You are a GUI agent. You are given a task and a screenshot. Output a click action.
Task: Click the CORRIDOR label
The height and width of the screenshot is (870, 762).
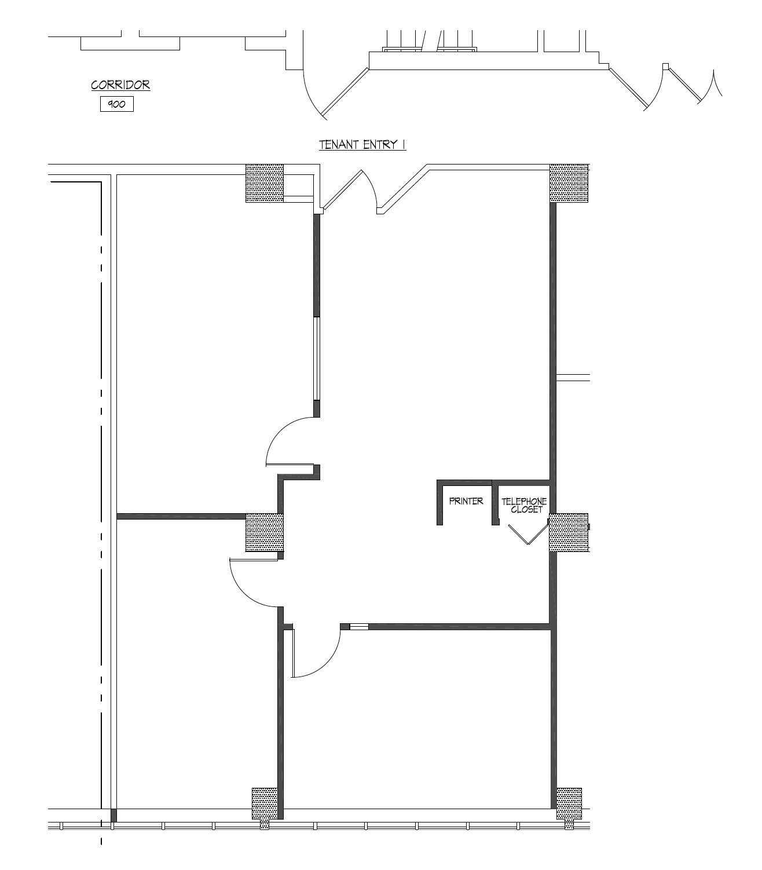click(x=120, y=85)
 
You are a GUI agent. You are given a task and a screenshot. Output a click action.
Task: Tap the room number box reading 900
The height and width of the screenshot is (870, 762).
click(x=117, y=104)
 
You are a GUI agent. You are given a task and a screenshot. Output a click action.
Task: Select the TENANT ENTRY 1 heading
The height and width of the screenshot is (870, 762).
click(x=362, y=145)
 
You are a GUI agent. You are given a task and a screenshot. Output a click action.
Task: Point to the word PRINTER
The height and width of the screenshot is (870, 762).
click(x=466, y=500)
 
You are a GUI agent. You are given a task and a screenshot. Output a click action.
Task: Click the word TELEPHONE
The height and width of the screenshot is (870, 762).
click(x=524, y=501)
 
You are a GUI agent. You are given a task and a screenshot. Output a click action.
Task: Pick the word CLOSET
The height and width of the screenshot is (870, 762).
click(x=527, y=509)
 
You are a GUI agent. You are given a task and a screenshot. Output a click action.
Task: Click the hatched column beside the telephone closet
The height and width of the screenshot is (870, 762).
click(x=569, y=532)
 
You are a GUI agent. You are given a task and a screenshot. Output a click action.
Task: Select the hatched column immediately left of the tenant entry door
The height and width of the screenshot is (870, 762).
click(x=265, y=184)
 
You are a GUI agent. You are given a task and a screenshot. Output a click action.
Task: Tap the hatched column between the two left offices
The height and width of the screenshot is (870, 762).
click(x=265, y=532)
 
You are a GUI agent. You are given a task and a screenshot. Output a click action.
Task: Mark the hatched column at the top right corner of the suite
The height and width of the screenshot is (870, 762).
click(x=569, y=184)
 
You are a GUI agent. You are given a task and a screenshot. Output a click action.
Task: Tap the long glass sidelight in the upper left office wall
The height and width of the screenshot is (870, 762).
click(x=317, y=359)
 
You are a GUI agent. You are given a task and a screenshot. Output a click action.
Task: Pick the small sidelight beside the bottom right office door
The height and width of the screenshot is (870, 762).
click(x=359, y=627)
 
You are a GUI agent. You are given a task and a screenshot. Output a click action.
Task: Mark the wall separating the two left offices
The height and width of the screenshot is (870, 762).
click(x=181, y=516)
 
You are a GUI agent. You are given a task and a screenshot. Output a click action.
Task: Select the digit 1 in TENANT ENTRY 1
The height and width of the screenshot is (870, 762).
click(x=403, y=145)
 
